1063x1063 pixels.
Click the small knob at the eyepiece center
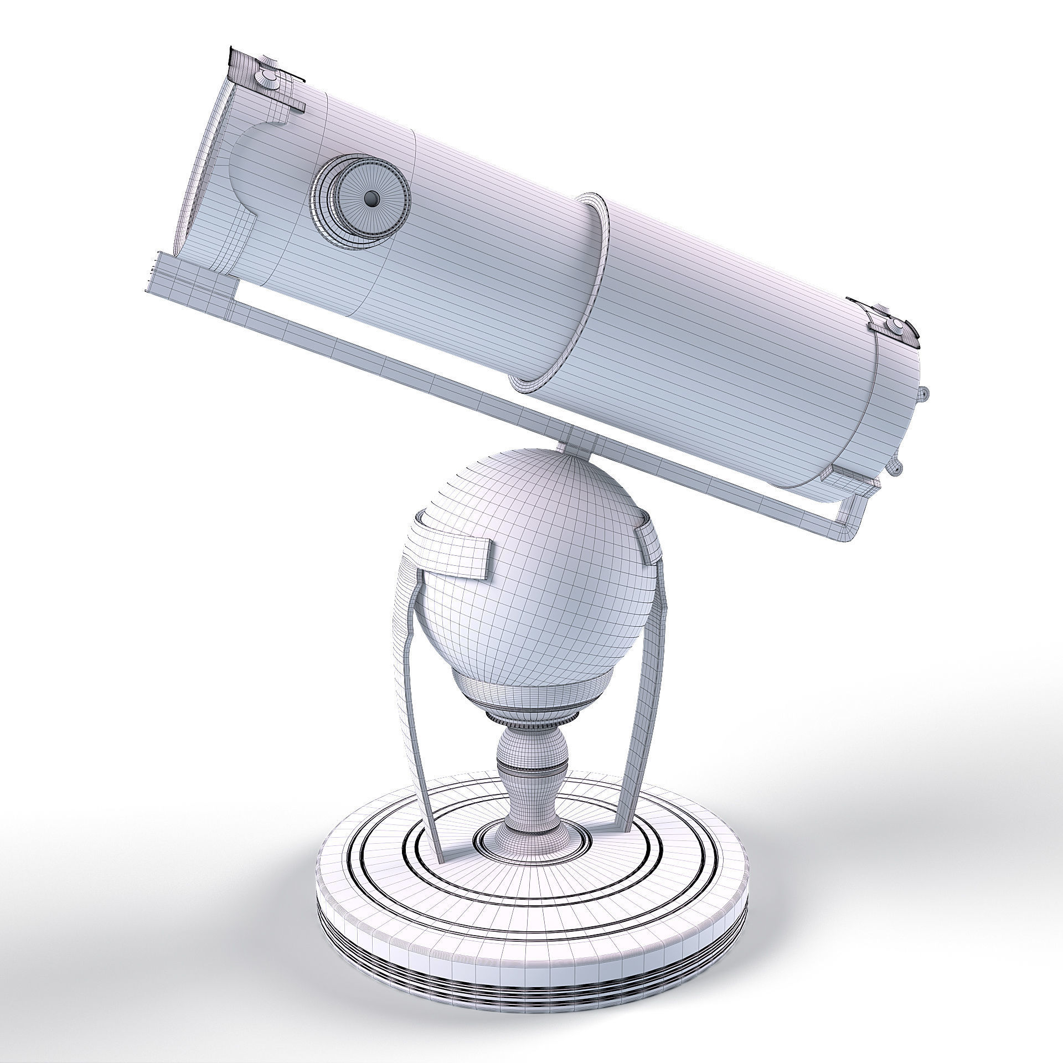coord(371,197)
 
